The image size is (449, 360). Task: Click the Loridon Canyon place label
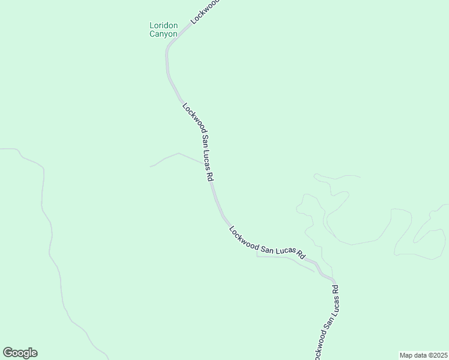click(x=163, y=29)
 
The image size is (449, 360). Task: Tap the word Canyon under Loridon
click(x=163, y=34)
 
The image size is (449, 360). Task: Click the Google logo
click(x=20, y=353)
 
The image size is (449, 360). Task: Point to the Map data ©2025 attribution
click(x=423, y=355)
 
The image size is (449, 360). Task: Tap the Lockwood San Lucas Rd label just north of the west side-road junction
click(x=199, y=142)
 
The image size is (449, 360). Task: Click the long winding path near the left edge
click(x=51, y=240)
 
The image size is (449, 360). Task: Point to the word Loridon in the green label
click(x=163, y=26)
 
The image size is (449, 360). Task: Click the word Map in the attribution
click(x=406, y=355)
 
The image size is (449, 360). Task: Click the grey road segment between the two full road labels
click(x=219, y=204)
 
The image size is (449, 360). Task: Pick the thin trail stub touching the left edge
click(x=9, y=149)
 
